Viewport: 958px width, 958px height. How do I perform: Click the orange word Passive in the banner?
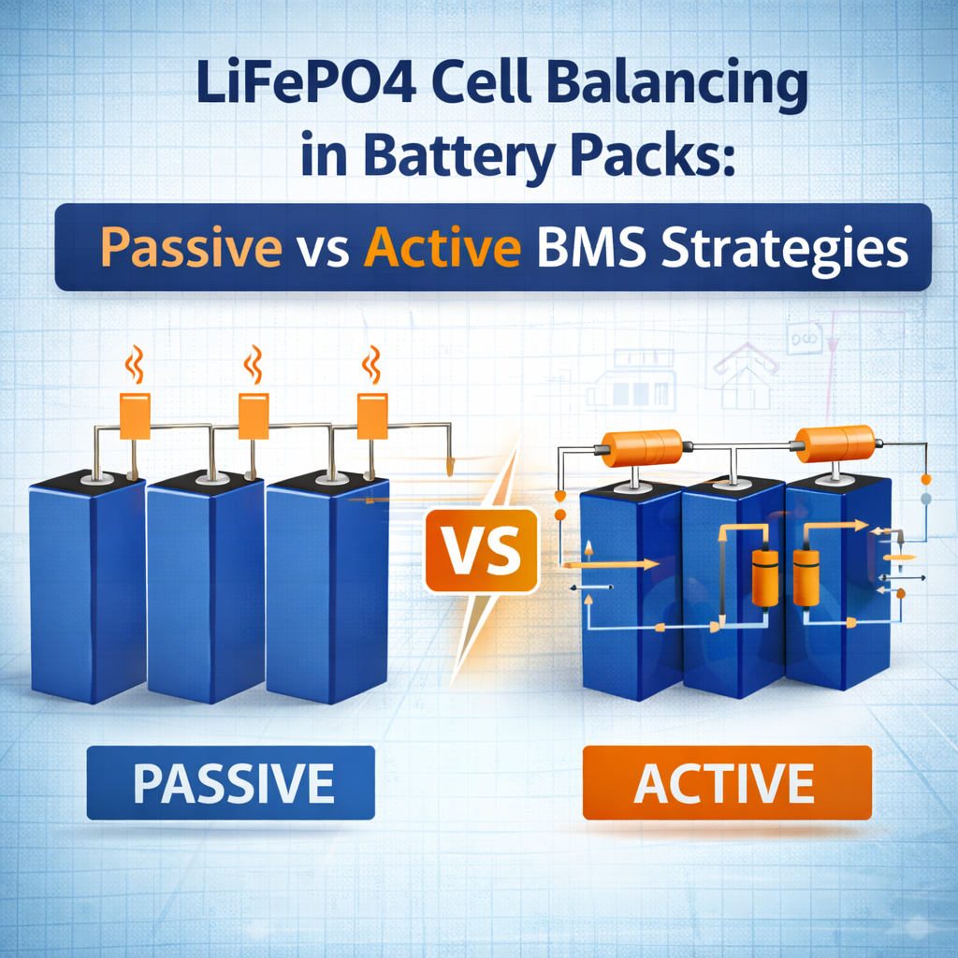(191, 247)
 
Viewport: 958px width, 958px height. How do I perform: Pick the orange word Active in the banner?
(443, 246)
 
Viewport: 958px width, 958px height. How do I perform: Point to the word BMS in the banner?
(591, 247)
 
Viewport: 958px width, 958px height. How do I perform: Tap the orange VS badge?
(482, 550)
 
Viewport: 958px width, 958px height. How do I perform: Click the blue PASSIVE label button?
(231, 783)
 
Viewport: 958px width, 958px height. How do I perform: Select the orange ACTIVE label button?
(727, 783)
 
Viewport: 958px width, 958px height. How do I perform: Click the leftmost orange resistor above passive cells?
(135, 416)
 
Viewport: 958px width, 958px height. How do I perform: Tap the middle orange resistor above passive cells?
(254, 416)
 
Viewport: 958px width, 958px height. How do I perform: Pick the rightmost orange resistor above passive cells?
(372, 416)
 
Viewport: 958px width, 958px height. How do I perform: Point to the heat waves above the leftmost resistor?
(135, 365)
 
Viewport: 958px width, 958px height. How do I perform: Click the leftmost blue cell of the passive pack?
(89, 587)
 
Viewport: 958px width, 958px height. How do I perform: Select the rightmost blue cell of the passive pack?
(328, 588)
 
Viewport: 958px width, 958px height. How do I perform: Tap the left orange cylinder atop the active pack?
(642, 448)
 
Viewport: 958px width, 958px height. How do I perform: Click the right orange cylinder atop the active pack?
(835, 443)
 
